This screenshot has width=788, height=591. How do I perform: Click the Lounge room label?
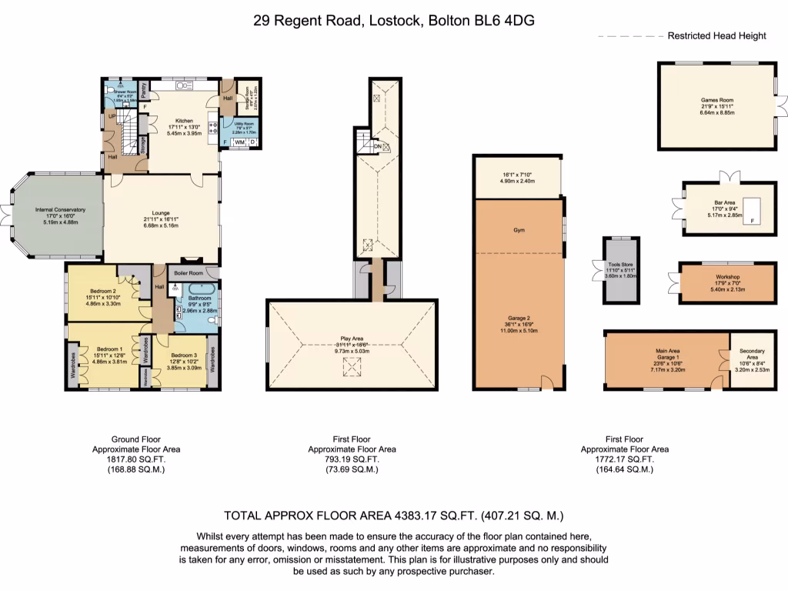point(161,213)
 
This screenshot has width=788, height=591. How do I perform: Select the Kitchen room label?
point(183,121)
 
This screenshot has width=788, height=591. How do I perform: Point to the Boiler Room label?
point(188,272)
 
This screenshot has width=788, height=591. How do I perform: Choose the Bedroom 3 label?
point(185,356)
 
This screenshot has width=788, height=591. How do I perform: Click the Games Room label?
point(716,100)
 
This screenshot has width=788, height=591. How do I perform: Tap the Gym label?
point(518,230)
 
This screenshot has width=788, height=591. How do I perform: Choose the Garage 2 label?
point(519,318)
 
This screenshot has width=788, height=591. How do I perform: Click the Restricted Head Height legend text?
point(716,36)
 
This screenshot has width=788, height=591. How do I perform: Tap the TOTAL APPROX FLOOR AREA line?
point(398,516)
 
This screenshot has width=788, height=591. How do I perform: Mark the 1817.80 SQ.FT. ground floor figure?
point(129,459)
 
